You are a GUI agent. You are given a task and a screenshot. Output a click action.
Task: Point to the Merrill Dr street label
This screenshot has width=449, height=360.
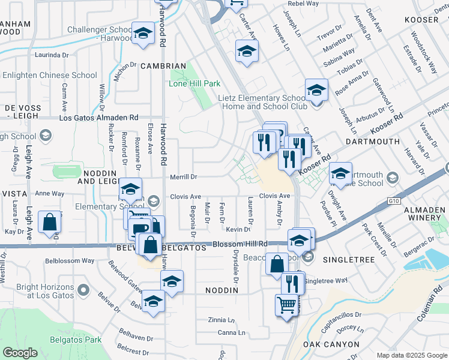pyautogui.click(x=184, y=177)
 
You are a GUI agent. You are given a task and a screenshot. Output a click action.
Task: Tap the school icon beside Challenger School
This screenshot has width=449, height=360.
pyautogui.click(x=143, y=34)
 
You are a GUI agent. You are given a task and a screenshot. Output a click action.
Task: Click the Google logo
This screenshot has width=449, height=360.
pyautogui.click(x=20, y=353)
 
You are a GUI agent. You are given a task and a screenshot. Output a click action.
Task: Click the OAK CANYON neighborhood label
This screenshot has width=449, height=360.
pyautogui.click(x=331, y=344)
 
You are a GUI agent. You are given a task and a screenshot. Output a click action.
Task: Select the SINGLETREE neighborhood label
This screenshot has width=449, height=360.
pyautogui.click(x=348, y=260)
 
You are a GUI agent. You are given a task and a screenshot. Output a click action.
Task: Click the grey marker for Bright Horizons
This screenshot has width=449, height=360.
pyautogui.click(x=84, y=291)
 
